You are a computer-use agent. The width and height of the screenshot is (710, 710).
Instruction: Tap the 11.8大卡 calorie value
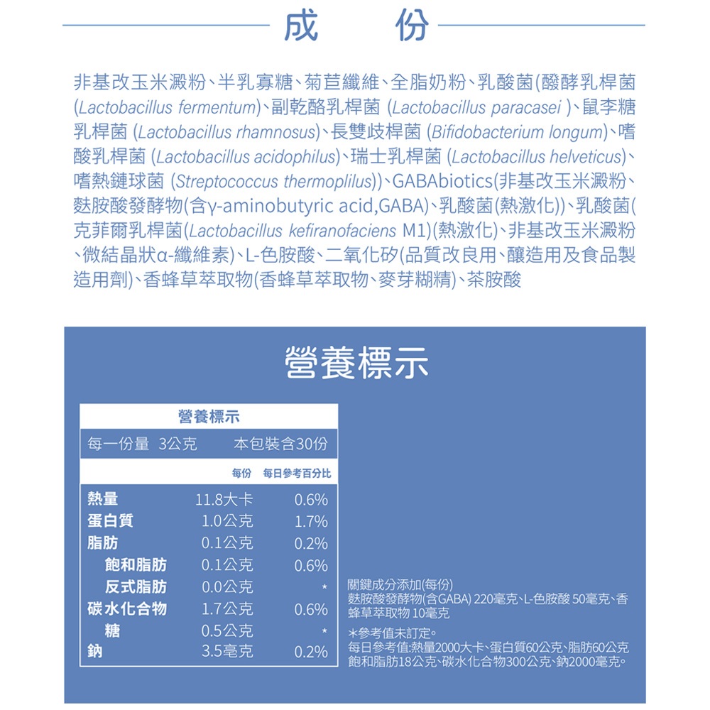pyautogui.click(x=224, y=499)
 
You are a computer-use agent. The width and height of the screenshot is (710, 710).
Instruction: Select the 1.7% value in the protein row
pyautogui.click(x=311, y=522)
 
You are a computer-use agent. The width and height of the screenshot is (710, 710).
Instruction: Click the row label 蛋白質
pyautogui.click(x=110, y=521)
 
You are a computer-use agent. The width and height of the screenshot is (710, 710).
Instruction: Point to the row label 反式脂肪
pyautogui.click(x=136, y=587)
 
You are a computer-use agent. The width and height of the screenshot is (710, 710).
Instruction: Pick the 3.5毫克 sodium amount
pyautogui.click(x=227, y=651)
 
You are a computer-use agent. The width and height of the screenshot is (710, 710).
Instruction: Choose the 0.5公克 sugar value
pyautogui.click(x=227, y=630)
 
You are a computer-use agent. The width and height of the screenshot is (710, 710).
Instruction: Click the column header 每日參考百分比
pyautogui.click(x=297, y=473)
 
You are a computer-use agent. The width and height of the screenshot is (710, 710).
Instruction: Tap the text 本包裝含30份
pyautogui.click(x=280, y=444)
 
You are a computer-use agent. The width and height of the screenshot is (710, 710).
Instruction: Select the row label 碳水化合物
pyautogui.click(x=127, y=608)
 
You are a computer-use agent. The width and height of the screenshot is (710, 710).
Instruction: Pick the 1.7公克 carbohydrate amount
pyautogui.click(x=227, y=608)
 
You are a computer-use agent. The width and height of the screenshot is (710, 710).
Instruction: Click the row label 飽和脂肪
pyautogui.click(x=136, y=565)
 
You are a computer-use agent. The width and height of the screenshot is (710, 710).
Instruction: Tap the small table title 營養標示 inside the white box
pyautogui.click(x=208, y=416)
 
